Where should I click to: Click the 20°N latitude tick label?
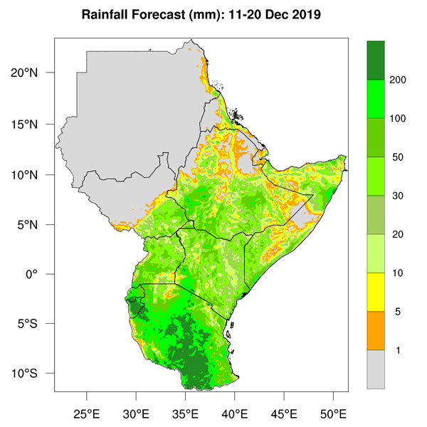(x=34, y=73)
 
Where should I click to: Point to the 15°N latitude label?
(x=34, y=124)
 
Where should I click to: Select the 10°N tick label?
(x=34, y=174)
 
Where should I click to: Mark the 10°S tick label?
(x=34, y=374)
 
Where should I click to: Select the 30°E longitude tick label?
(x=136, y=413)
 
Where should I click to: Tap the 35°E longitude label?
(x=185, y=413)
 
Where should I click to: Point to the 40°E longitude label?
(x=234, y=413)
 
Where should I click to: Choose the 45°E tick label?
(x=284, y=413)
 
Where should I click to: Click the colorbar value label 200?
(x=398, y=80)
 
